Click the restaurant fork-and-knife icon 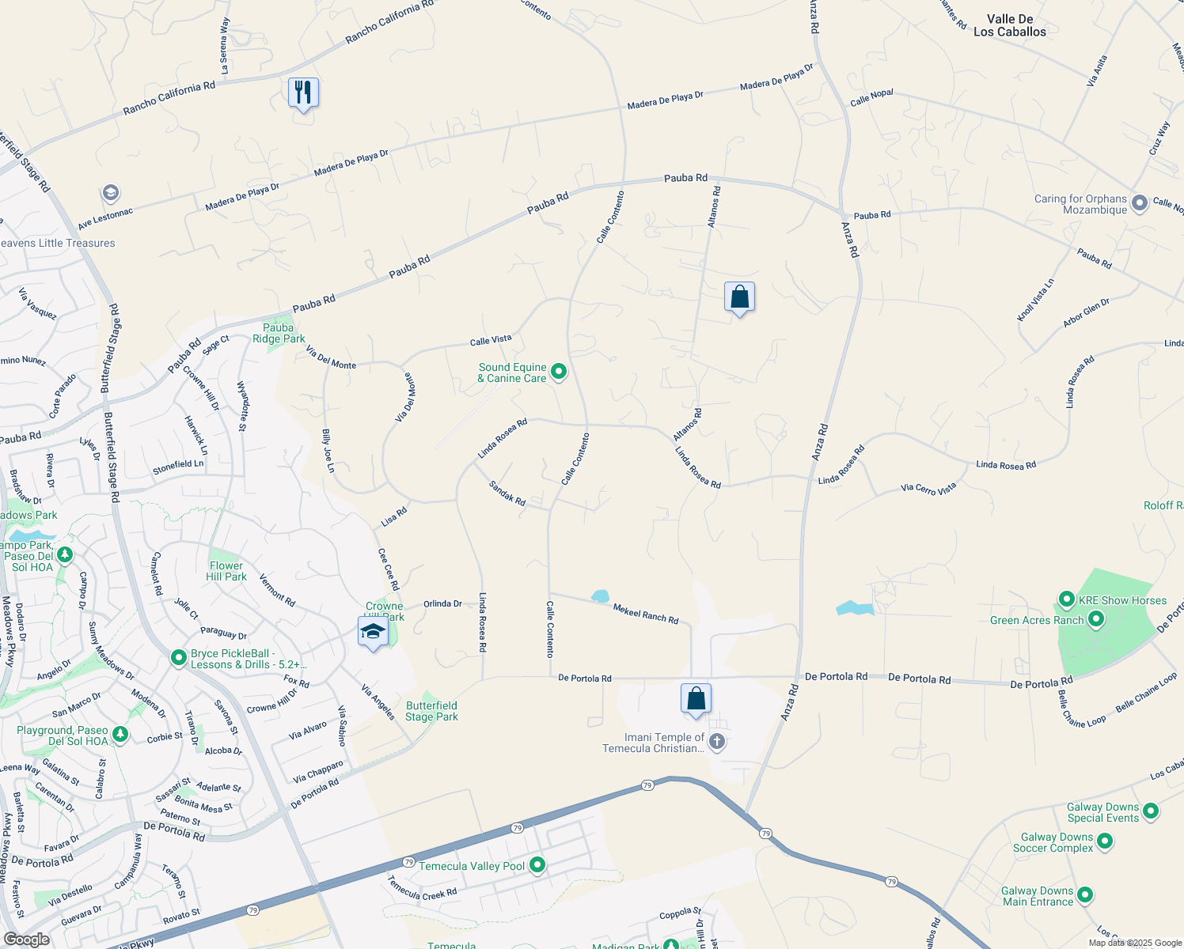coord(303,93)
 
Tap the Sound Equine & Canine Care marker coord(559,371)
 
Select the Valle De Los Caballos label coord(1009,25)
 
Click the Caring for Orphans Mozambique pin coord(1139,203)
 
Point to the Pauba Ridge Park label coord(279,333)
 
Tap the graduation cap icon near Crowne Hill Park coord(373,631)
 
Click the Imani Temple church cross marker coord(717,741)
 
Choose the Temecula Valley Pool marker coord(537,865)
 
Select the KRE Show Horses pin coord(1066,599)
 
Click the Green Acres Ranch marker coord(1096,618)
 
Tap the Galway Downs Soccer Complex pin coord(1105,841)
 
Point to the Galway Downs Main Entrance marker coord(1085,895)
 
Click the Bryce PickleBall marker coord(180,657)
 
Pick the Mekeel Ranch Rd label coord(646,613)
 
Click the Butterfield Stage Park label coord(431,711)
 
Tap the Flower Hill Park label coord(226,571)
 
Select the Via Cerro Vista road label coord(928,488)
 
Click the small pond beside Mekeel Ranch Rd coord(601,595)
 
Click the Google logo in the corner coord(26,939)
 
